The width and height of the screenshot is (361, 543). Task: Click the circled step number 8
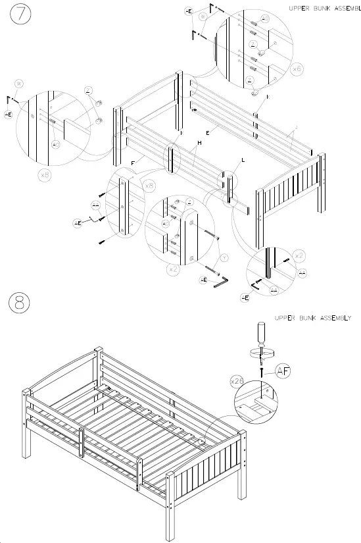pyautogui.click(x=19, y=303)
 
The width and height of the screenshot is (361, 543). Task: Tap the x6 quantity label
pyautogui.click(x=297, y=68)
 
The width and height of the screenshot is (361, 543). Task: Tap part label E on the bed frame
pyautogui.click(x=207, y=133)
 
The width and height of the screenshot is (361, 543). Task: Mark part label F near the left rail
pyautogui.click(x=133, y=162)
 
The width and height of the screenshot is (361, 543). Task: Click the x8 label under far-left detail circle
pyautogui.click(x=45, y=176)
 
